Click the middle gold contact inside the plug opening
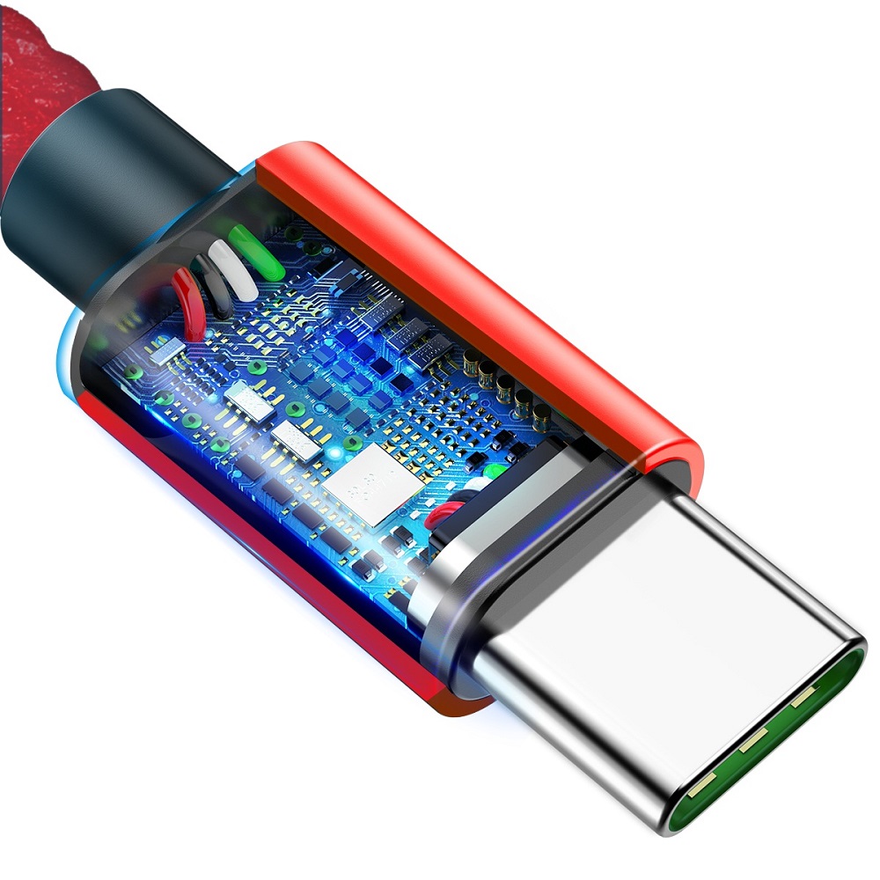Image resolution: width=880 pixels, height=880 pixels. (x=752, y=744)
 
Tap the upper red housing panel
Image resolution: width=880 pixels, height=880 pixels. (x=466, y=282)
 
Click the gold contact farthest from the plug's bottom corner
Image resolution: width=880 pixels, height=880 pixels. (x=803, y=700)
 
